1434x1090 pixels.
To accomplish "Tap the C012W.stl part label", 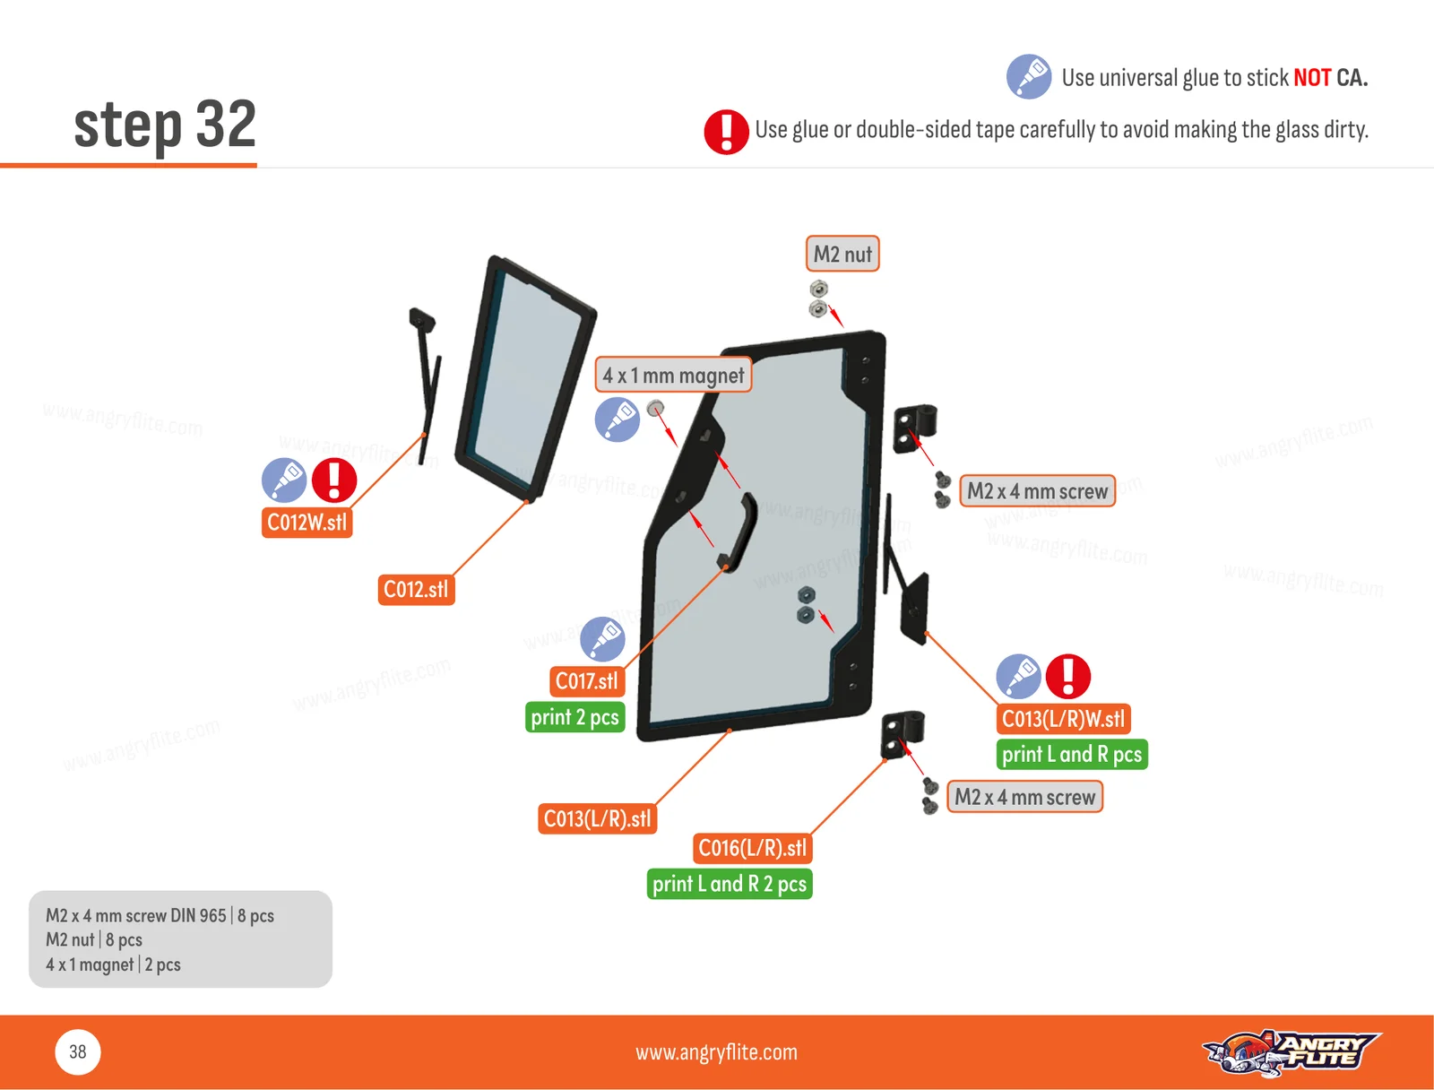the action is pos(307,523).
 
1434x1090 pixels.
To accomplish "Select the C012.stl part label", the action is pos(416,590).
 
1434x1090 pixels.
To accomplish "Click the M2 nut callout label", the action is pos(842,254).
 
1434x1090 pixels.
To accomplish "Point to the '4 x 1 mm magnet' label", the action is pos(674,376).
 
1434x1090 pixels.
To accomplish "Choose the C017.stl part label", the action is pos(587,681).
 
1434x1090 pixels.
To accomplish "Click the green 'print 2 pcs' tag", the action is pos(574,717).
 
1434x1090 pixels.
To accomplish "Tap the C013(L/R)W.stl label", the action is pos(1064,719).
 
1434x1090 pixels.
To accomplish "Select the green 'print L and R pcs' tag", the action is pos(1072,755).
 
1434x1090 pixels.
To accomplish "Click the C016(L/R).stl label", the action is pos(753,848).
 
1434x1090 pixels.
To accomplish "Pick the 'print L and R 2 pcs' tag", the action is pos(730,884).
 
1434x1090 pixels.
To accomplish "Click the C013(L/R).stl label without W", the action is pos(598,818).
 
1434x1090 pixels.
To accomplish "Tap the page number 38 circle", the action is pos(78,1052).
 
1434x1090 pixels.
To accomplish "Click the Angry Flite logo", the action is pos(1291,1052).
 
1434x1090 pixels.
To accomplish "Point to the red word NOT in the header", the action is pos(1312,78).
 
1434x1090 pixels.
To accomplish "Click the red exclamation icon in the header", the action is pos(726,132).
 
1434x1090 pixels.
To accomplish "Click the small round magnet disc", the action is pos(655,408).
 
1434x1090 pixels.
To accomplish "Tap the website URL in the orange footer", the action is pos(717,1052).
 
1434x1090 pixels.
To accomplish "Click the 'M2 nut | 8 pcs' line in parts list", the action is pos(94,939).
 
